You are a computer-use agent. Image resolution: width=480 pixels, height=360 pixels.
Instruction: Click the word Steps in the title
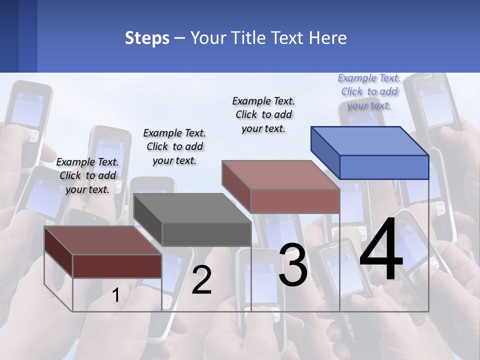coord(147,38)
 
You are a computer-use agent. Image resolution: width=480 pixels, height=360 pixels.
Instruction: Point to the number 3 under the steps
coord(292,264)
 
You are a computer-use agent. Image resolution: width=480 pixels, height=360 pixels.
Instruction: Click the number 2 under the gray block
coord(201,280)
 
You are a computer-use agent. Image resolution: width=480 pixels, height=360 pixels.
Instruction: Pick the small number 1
coord(115,295)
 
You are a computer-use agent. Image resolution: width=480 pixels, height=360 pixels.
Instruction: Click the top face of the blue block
coord(370,140)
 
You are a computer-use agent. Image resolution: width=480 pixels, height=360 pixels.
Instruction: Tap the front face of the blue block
coord(384,167)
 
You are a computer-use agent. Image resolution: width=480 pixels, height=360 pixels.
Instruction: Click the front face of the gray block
coord(206,234)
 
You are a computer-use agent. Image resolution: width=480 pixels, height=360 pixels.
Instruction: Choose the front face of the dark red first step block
coord(117,266)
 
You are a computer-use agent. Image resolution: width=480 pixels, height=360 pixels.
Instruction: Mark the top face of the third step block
coord(281,174)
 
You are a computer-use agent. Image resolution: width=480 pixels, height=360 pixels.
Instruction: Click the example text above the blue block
coord(369,91)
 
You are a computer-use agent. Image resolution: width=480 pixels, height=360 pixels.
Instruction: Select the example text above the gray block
coord(174,146)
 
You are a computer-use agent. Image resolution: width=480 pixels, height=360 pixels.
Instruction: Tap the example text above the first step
coord(87,175)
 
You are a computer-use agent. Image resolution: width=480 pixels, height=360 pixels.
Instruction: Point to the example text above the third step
coord(263,114)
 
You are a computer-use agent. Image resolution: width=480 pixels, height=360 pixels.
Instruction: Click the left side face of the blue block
coord(325,152)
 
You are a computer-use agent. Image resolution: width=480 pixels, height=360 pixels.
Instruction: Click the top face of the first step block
coord(103,240)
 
